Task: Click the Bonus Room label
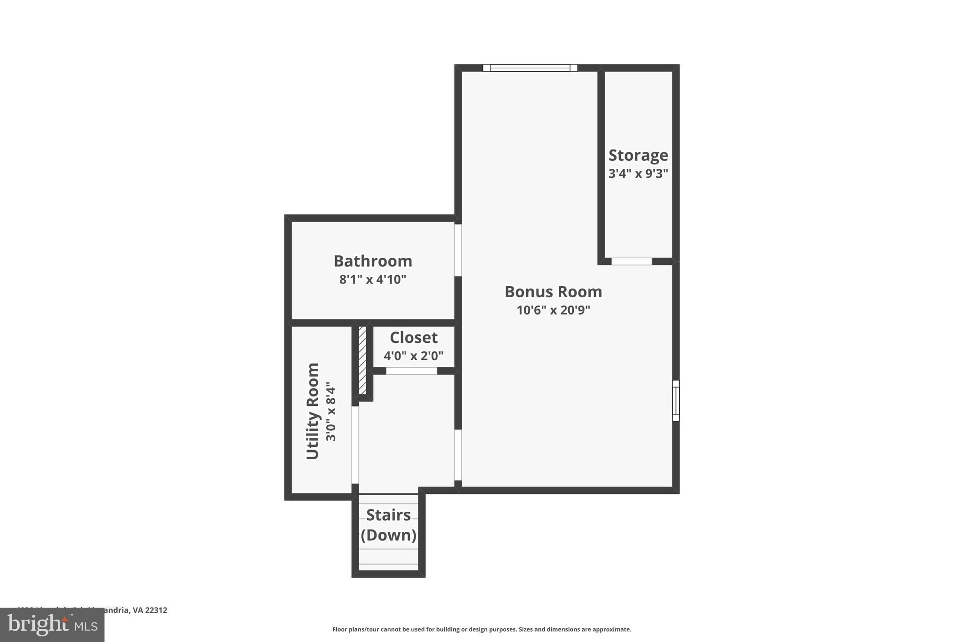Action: click(x=553, y=292)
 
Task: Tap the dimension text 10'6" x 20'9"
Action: click(x=553, y=310)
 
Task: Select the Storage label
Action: click(x=638, y=155)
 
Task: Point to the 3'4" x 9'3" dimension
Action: click(x=638, y=174)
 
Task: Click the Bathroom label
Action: click(x=373, y=261)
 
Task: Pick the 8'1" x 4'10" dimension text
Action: click(x=373, y=280)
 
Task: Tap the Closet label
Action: click(x=414, y=338)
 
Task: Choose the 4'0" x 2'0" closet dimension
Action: click(x=414, y=356)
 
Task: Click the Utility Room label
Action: click(x=313, y=411)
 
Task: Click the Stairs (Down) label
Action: click(x=388, y=525)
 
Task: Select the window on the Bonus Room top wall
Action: click(x=530, y=68)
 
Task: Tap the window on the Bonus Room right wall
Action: click(x=676, y=400)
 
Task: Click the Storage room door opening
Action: click(x=632, y=262)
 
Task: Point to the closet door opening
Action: click(x=411, y=371)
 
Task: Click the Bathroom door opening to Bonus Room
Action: click(x=458, y=250)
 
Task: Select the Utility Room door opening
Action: click(x=355, y=444)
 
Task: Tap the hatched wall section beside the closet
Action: click(x=362, y=360)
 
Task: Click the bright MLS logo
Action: click(x=52, y=625)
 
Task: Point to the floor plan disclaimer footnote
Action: click(x=482, y=629)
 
